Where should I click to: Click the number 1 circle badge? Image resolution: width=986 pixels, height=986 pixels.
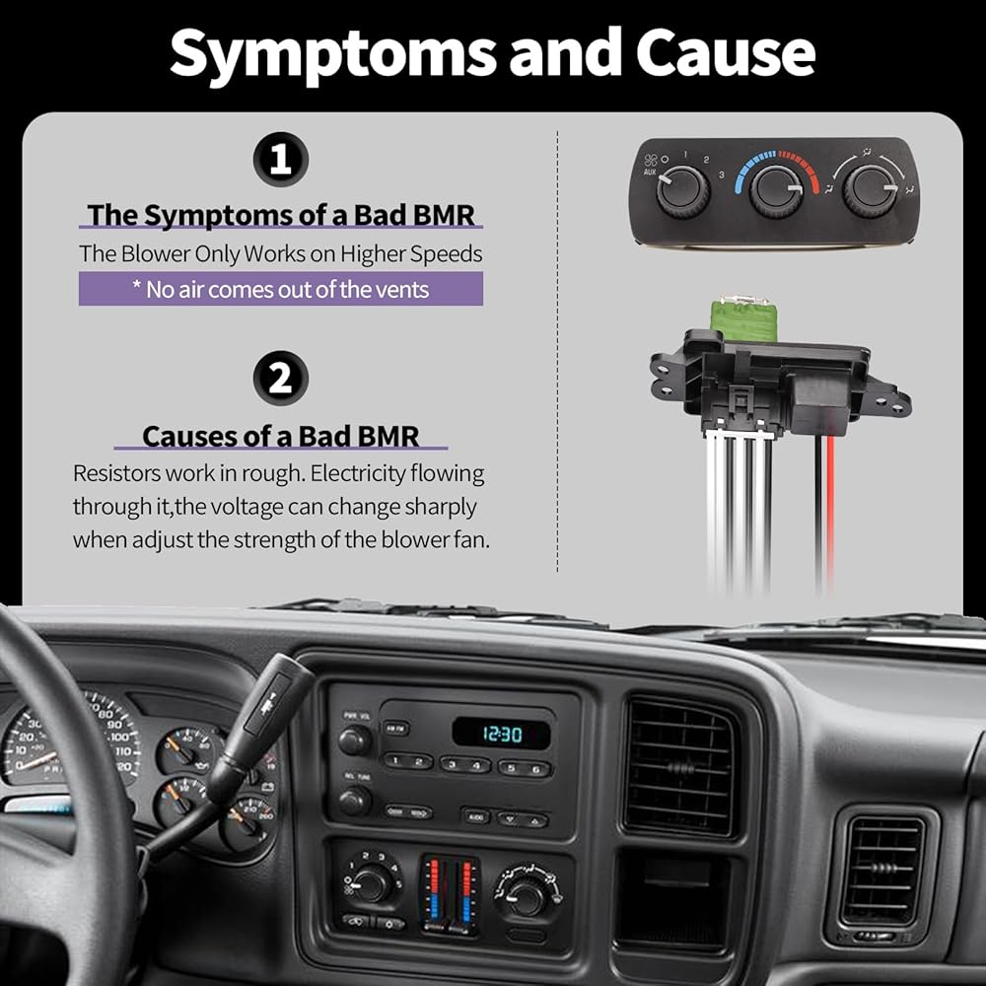tap(281, 162)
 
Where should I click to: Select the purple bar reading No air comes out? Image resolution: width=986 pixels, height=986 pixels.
tap(281, 289)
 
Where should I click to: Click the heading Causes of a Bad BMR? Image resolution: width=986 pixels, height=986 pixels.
tap(281, 435)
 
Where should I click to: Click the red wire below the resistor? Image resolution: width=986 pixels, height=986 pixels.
tap(829, 513)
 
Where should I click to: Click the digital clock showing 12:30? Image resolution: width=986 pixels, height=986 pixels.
tap(502, 734)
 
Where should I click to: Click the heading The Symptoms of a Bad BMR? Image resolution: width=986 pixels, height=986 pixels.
tap(281, 215)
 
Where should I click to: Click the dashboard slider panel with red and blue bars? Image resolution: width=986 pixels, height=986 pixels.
tap(451, 893)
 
